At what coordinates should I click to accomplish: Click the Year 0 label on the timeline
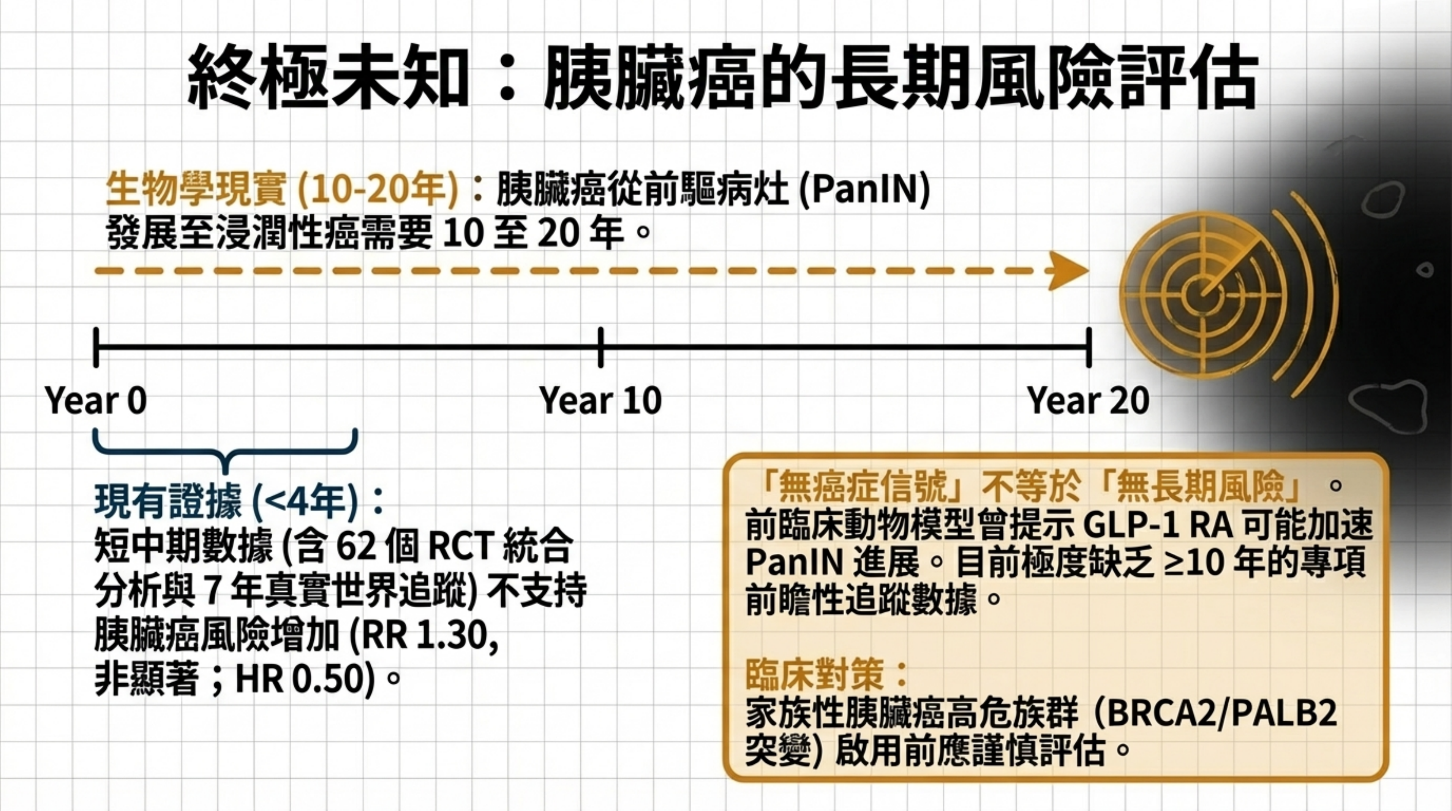(x=96, y=401)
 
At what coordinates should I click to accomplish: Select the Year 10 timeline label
(x=600, y=401)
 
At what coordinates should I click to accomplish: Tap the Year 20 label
(x=1088, y=401)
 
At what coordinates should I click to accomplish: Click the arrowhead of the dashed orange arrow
(x=1068, y=271)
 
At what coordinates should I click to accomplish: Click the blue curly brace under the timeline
(x=226, y=451)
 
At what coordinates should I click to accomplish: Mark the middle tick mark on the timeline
(x=601, y=347)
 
